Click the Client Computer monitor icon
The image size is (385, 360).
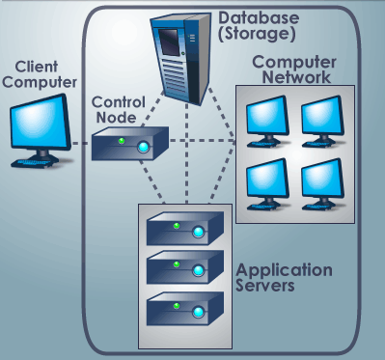point(38,125)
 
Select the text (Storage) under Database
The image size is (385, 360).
point(255,36)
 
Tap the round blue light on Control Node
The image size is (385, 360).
point(144,149)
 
